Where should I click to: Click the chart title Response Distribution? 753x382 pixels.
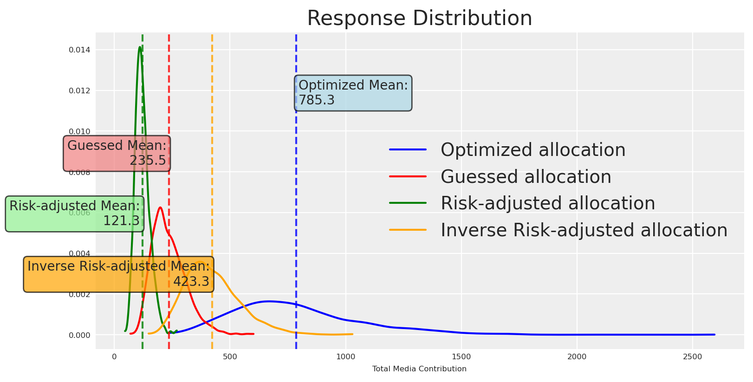point(419,19)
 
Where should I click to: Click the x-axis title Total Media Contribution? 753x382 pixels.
point(419,369)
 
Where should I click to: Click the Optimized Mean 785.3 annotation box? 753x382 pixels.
point(353,93)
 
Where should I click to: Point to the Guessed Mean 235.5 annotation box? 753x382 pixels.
point(117,153)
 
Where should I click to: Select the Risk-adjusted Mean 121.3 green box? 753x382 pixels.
point(74,214)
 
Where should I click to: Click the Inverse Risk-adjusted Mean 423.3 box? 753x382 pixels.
point(118,274)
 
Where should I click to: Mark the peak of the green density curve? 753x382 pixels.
point(140,47)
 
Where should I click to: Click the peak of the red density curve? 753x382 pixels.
point(160,207)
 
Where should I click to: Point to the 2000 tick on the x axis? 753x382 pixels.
point(577,356)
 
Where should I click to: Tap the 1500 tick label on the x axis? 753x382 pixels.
point(461,356)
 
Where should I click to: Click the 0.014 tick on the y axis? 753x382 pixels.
point(80,50)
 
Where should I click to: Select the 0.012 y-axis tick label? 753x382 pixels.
point(80,91)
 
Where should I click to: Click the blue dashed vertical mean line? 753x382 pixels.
point(296,209)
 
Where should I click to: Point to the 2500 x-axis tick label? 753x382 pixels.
point(693,356)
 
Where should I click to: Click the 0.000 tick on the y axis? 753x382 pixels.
point(80,335)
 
